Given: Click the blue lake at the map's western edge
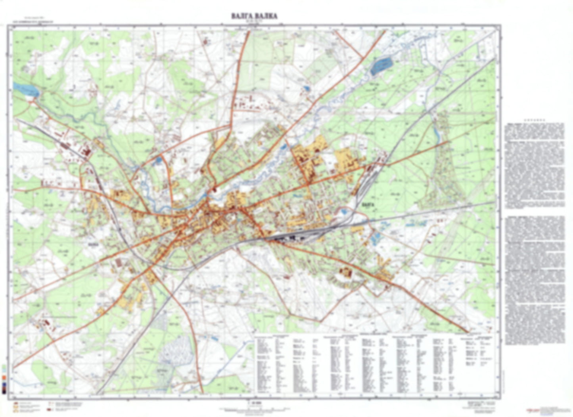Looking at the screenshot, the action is (x=26, y=90).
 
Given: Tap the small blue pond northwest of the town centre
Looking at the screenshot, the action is (x=159, y=161).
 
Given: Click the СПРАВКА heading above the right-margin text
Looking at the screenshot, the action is (x=534, y=120).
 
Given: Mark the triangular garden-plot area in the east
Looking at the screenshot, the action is (x=440, y=175).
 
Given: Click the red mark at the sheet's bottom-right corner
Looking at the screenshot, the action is (x=530, y=410).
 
